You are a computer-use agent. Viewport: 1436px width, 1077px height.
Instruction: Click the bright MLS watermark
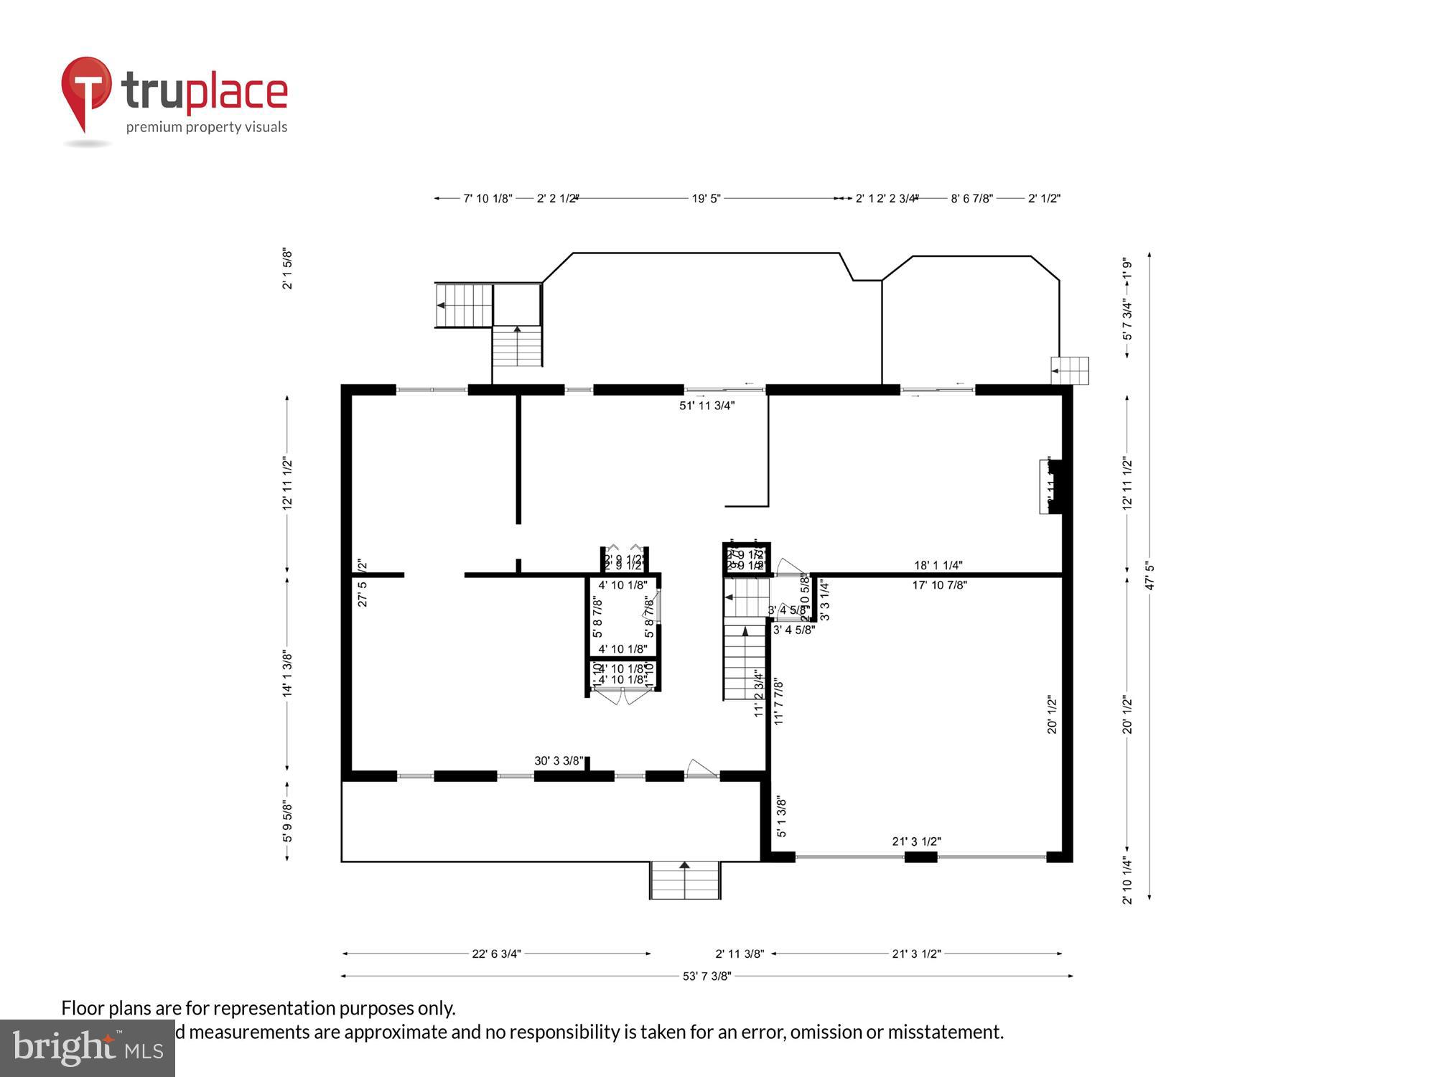coord(87,1048)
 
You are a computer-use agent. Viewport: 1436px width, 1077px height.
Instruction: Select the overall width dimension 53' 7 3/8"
coord(707,976)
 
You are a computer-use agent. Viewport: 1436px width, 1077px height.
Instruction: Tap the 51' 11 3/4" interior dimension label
coord(707,406)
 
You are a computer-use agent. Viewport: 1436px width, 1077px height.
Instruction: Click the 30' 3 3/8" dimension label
coord(559,761)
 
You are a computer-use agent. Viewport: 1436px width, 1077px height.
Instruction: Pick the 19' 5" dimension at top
coord(706,199)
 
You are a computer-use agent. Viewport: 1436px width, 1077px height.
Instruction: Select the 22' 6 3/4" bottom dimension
coord(496,954)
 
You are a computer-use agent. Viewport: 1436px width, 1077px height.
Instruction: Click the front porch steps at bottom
coord(684,880)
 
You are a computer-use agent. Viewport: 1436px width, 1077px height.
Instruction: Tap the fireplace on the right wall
coord(1050,487)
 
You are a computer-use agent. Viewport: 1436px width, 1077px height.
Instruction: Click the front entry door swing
coord(701,769)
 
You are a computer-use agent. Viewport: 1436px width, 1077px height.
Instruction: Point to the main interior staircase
coord(745,661)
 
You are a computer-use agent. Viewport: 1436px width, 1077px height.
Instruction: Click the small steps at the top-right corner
coord(1070,370)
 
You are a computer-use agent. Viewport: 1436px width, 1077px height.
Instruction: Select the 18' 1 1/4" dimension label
coord(938,566)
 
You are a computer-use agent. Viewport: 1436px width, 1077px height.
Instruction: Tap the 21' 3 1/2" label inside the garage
coord(916,841)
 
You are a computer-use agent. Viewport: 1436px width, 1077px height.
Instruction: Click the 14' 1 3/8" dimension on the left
coord(287,673)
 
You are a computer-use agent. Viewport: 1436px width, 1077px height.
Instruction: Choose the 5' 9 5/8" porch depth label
coord(287,822)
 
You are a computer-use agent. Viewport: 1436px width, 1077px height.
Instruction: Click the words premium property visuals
coord(207,128)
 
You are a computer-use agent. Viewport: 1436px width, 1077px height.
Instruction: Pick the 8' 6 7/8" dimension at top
coord(971,199)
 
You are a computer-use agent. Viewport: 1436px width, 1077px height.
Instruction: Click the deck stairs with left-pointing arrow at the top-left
coord(464,305)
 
